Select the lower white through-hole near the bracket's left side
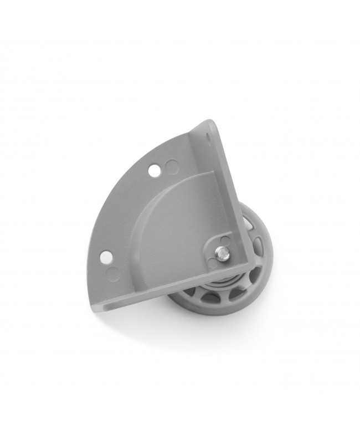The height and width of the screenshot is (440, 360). (105, 255)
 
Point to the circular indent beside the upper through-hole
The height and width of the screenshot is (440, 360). (172, 166)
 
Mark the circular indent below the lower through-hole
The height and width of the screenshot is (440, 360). (113, 273)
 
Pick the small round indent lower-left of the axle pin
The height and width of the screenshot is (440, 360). (214, 263)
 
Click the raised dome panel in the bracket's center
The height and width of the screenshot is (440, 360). (172, 227)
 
